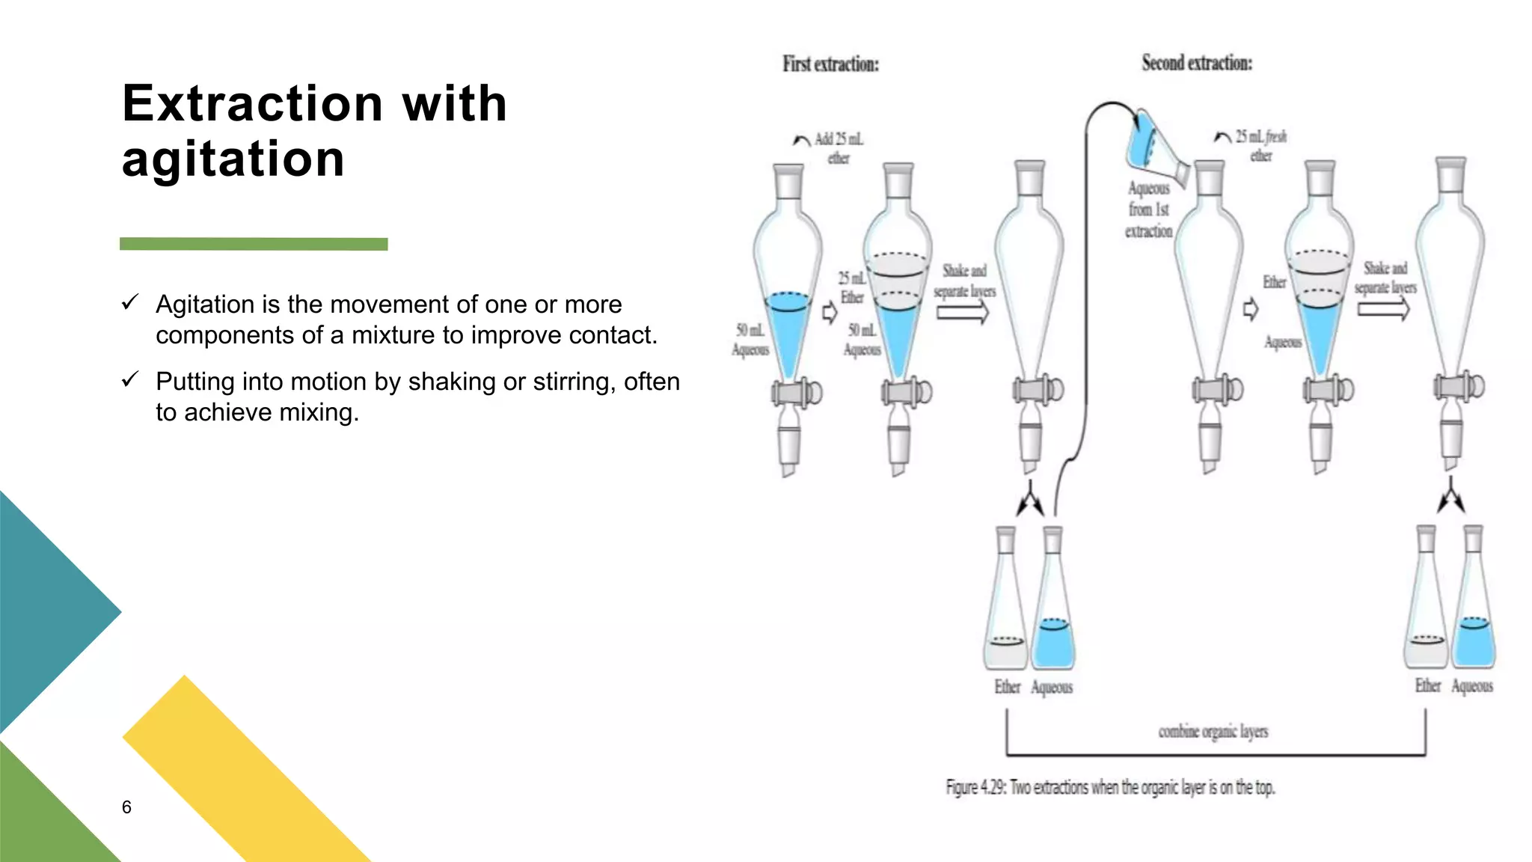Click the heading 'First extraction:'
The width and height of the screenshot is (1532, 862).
coord(830,64)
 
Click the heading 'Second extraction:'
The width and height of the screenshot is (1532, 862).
coord(1196,63)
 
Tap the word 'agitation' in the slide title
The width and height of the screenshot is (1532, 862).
coord(233,159)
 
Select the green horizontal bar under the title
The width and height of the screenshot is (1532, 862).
coord(254,244)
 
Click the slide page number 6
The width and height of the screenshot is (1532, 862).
coord(126,807)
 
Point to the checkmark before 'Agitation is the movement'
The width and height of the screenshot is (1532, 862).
coord(130,302)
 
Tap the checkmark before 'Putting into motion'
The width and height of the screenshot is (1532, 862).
coord(130,379)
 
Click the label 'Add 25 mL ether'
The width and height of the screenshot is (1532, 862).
coord(839,148)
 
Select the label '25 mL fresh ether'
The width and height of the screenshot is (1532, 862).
coord(1261,146)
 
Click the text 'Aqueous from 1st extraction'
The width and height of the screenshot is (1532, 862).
coord(1148,210)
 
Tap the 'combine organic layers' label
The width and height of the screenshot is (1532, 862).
coord(1213,731)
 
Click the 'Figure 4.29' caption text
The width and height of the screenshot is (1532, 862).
coord(1110,787)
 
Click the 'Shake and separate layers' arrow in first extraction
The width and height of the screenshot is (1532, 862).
coord(963,312)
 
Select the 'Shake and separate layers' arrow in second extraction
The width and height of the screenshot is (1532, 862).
coord(1384,308)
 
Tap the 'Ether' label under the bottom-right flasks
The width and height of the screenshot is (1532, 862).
coord(1427,685)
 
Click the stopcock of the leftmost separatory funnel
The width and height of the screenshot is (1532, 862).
coord(796,392)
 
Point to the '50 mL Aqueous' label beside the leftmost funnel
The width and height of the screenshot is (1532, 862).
coord(750,340)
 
